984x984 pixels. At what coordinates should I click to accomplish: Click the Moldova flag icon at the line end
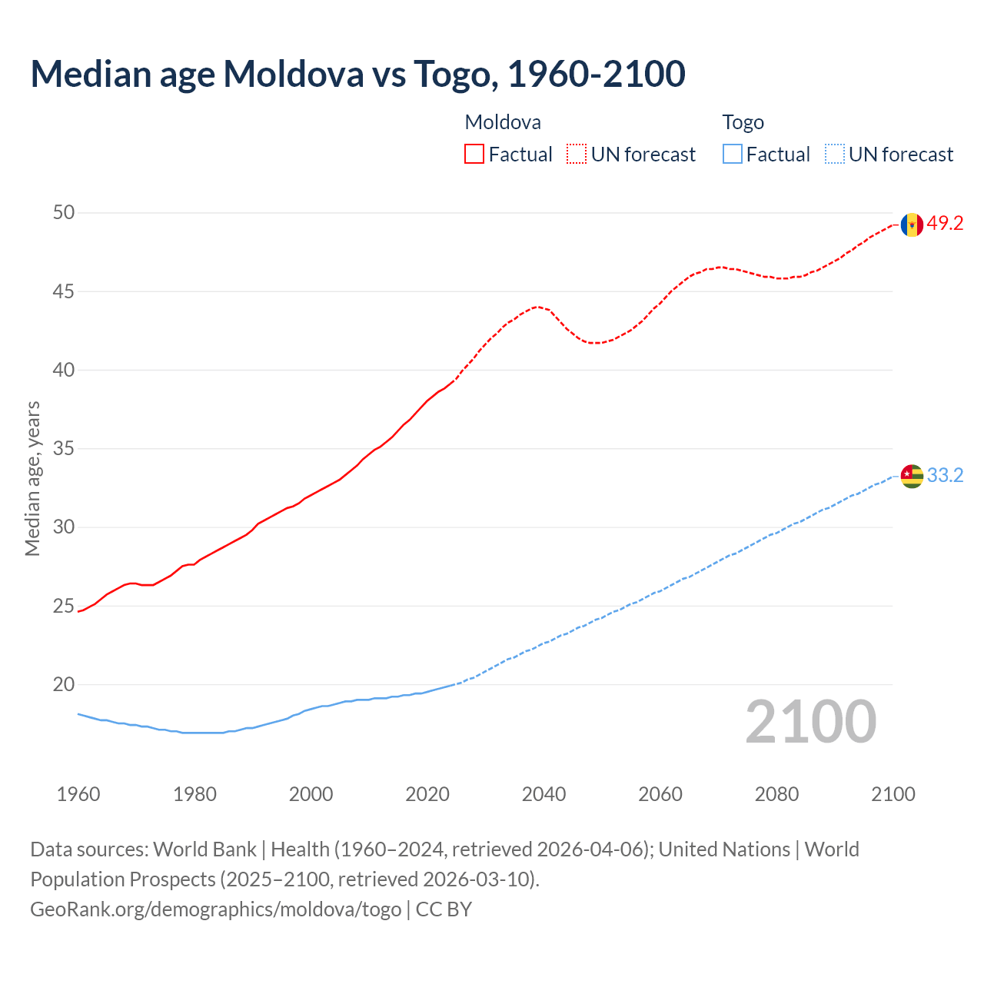tap(912, 224)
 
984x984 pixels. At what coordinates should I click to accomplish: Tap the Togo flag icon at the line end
tap(912, 476)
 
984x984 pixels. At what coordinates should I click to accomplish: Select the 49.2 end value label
tap(945, 224)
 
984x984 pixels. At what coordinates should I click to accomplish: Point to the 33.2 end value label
tap(945, 476)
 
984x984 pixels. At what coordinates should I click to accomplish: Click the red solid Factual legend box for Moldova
tap(474, 155)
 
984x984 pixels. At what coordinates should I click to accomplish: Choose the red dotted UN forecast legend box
tap(577, 155)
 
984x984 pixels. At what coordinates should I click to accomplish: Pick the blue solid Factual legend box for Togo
tap(733, 155)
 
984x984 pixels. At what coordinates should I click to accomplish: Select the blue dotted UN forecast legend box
tap(834, 155)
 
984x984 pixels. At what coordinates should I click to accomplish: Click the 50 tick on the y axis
tap(64, 213)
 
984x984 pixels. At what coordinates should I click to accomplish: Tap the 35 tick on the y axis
tap(64, 448)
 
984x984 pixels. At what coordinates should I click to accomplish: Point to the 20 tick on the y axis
tap(64, 684)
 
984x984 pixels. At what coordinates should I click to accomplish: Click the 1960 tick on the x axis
tap(78, 794)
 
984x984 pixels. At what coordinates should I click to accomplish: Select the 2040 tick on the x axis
tap(544, 794)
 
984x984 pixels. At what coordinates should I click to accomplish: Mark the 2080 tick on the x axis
tap(776, 794)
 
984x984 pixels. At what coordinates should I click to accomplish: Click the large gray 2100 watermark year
tap(810, 722)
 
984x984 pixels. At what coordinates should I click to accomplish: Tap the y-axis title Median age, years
tap(32, 478)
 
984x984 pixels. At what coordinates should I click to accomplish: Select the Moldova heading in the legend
tap(503, 122)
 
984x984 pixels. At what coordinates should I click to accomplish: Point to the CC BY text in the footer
tap(444, 909)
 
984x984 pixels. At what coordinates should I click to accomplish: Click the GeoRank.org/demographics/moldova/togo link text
tap(215, 909)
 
